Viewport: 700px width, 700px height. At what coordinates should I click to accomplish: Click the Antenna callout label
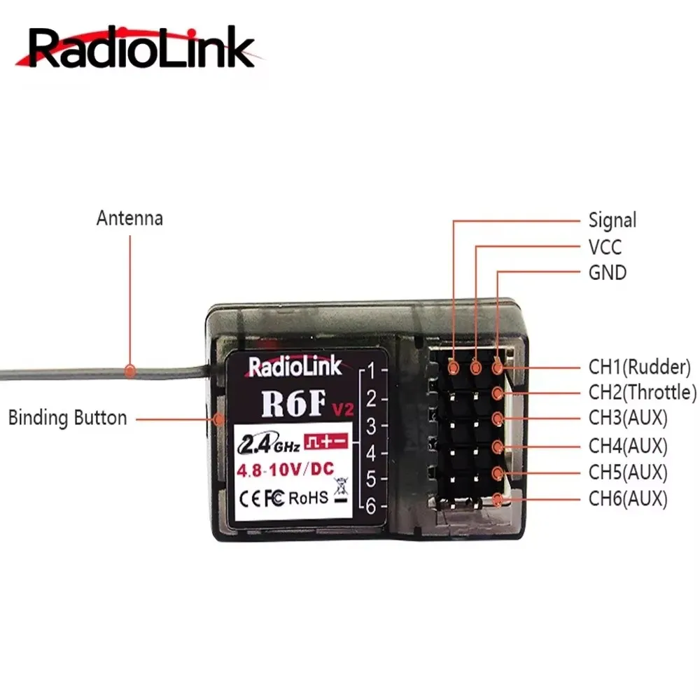129,218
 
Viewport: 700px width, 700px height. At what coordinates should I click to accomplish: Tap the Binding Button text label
67,419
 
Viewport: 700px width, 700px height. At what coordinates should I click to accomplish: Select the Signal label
612,220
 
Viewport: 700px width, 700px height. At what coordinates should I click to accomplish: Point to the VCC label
605,247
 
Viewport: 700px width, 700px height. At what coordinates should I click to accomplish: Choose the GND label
607,272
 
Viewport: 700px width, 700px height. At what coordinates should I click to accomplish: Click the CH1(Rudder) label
639,366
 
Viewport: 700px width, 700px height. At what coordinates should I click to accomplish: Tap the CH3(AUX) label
628,419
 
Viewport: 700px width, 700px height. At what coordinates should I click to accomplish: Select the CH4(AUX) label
628,445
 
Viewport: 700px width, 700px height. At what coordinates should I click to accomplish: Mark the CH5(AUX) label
628,472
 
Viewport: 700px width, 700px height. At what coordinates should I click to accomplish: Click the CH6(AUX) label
628,498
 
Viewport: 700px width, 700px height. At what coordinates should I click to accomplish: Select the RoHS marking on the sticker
308,498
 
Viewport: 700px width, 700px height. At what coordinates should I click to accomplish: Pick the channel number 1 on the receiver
372,370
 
